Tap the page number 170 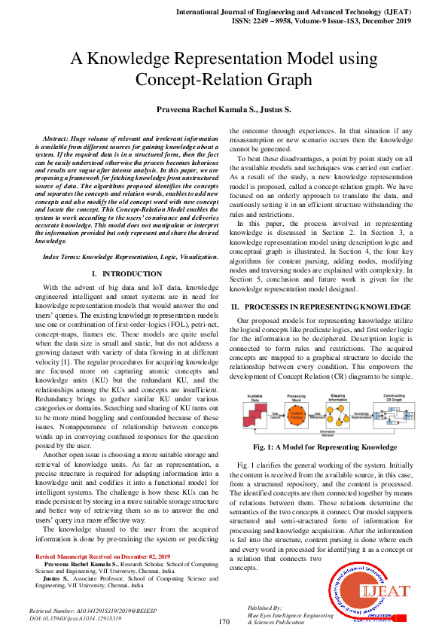point(224,622)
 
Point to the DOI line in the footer point(75,617)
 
